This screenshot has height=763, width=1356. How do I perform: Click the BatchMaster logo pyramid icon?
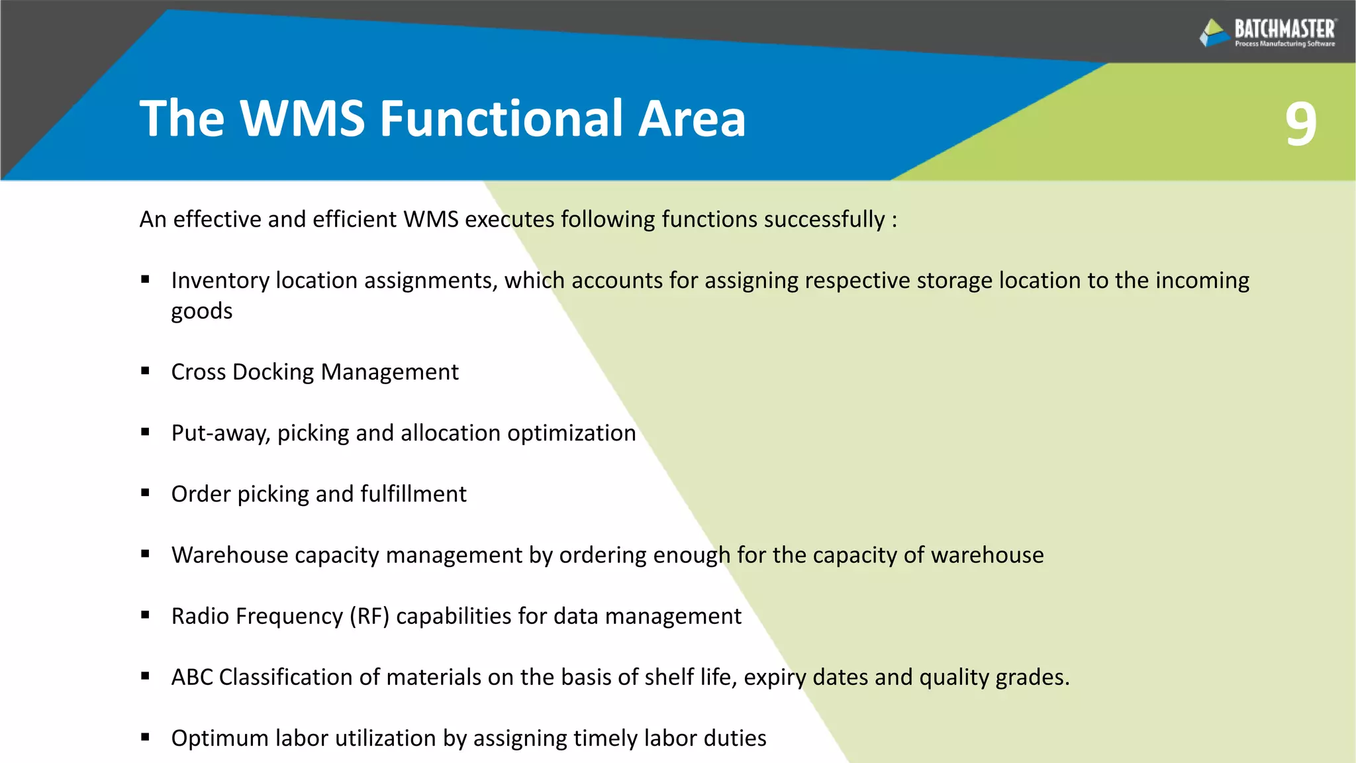click(1214, 32)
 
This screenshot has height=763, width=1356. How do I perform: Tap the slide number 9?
click(1300, 123)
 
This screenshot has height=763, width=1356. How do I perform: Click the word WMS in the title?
click(302, 119)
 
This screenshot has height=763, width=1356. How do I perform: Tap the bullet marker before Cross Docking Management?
click(145, 372)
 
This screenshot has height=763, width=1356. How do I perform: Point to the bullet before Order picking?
click(145, 493)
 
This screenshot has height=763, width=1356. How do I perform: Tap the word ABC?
click(192, 677)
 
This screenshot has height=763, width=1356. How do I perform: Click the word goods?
click(202, 311)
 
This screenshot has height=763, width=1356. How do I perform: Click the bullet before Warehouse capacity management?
click(145, 554)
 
